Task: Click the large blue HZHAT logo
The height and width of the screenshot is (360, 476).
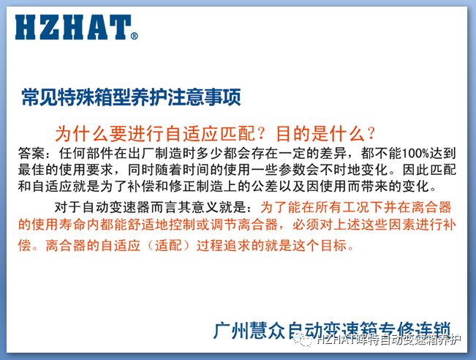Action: (73, 27)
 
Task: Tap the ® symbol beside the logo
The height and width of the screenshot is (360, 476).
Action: (135, 36)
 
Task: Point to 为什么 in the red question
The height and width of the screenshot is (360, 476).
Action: (82, 134)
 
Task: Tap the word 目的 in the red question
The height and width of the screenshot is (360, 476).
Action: (294, 134)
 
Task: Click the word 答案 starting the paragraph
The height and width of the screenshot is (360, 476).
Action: (31, 153)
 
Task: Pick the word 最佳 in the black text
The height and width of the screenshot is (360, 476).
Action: (31, 170)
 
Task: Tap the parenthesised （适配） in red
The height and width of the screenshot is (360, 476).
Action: (169, 245)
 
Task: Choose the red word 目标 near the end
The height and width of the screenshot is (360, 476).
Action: (334, 245)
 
